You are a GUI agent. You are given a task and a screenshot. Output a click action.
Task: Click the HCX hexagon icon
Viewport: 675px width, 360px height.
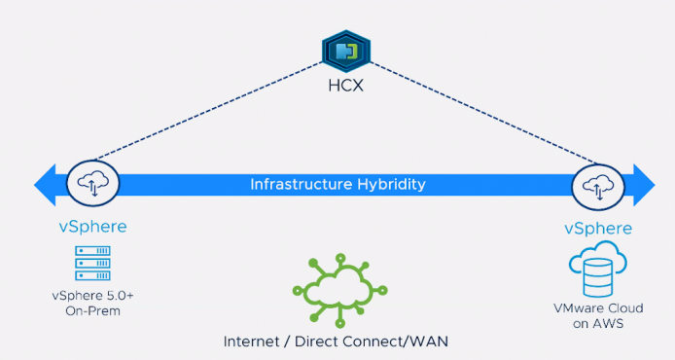[x=346, y=52]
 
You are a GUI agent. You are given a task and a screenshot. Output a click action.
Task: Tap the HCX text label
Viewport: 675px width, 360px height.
[x=345, y=86]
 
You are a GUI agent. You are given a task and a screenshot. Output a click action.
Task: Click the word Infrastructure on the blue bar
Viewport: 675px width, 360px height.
[x=301, y=184]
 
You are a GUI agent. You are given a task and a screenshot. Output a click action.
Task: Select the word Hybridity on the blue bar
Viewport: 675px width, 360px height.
[x=391, y=185]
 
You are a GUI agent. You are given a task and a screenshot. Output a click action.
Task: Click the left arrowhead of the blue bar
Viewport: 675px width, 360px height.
[x=45, y=185]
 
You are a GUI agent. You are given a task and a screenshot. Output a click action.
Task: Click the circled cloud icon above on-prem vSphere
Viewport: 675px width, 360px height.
[x=93, y=184]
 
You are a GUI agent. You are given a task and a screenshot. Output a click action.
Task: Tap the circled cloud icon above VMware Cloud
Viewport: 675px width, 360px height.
[x=598, y=188]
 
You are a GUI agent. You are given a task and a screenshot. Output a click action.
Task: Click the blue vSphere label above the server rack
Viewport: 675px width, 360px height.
[x=93, y=227]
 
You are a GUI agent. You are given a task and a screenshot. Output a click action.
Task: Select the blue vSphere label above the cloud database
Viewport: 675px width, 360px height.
[x=598, y=229]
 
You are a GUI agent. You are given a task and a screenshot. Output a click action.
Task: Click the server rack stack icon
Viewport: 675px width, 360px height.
[x=92, y=263]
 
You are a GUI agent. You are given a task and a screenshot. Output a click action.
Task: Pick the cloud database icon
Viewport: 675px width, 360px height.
[x=598, y=269]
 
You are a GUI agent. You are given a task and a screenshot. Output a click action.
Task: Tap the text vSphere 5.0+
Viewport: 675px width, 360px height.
[x=93, y=296]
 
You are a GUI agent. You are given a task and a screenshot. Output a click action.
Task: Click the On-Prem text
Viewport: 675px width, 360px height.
[x=93, y=311]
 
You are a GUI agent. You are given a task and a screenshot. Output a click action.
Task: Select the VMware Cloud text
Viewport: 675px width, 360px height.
[x=598, y=308]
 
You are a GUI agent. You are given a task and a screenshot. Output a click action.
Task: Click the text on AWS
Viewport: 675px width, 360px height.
[x=598, y=323]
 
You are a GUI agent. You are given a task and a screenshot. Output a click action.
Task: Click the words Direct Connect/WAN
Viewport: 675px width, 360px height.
[x=372, y=342]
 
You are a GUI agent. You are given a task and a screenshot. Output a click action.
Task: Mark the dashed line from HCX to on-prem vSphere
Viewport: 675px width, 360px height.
[x=208, y=111]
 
